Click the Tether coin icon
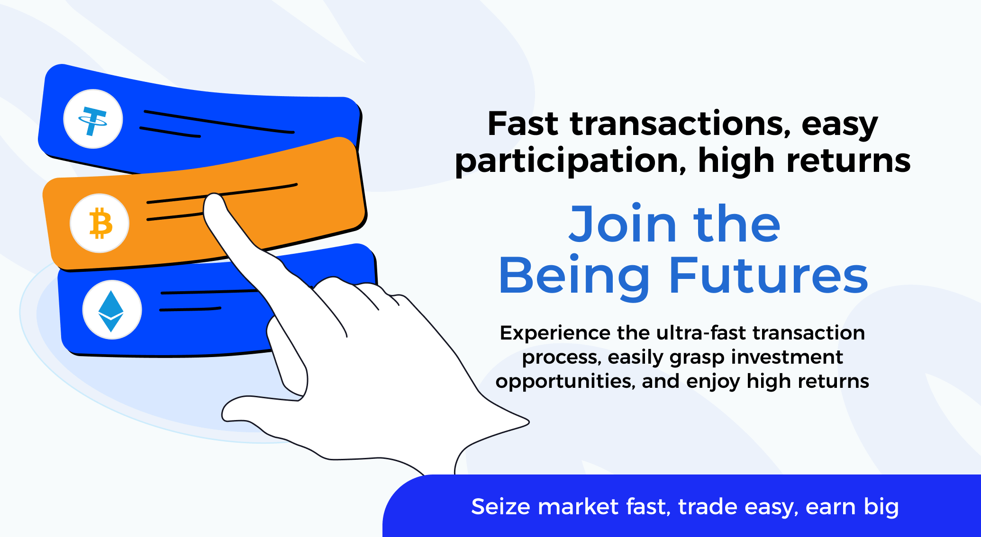coord(93,119)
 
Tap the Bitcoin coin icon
coord(100,223)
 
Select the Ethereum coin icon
coord(112,310)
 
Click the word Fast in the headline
coord(523,124)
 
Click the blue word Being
coord(574,276)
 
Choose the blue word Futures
coord(768,276)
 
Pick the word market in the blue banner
coord(578,507)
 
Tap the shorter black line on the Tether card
coord(170,132)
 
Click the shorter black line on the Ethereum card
coord(190,309)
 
